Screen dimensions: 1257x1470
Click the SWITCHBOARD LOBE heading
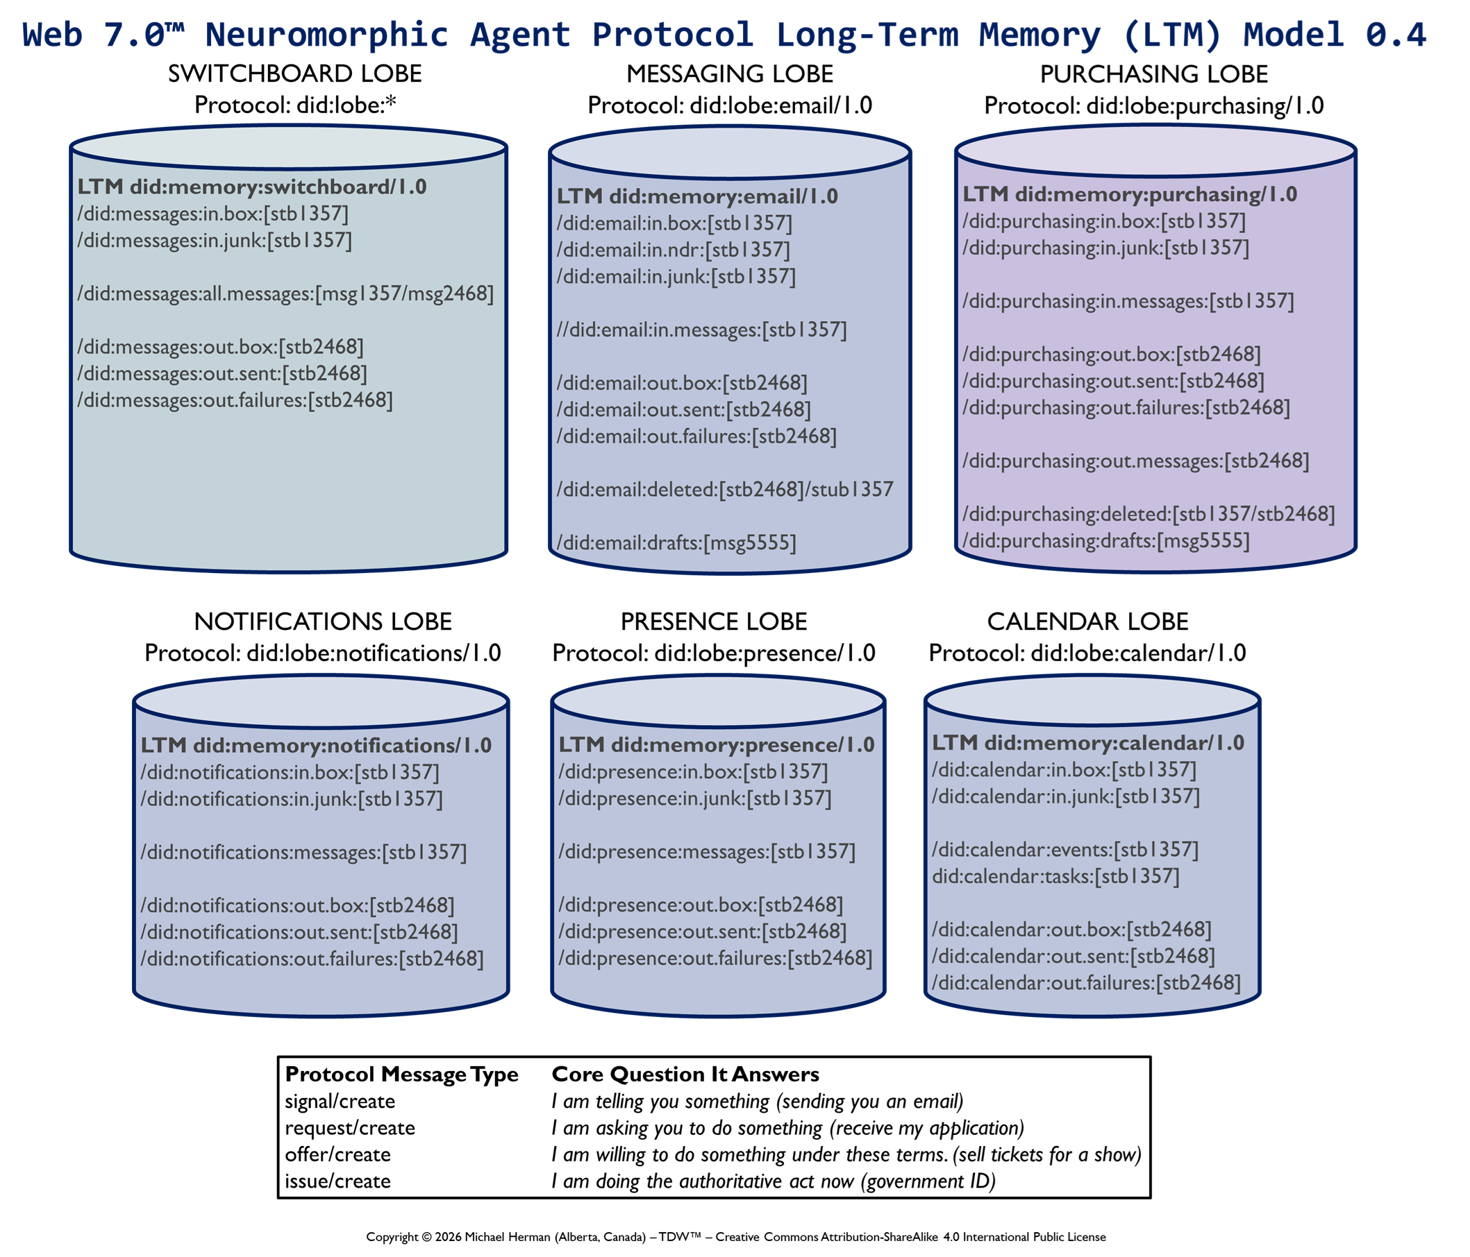[294, 74]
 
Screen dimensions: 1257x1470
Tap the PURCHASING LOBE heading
[1153, 74]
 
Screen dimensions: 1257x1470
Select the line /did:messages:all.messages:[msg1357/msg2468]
[285, 293]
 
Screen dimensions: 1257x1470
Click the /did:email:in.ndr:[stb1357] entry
[673, 250]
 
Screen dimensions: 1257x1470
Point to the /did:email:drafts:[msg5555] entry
[676, 543]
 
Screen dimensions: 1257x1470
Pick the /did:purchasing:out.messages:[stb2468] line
[1135, 461]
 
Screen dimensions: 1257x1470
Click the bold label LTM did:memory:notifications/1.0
[316, 745]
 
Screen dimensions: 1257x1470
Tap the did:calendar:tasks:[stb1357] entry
[1055, 876]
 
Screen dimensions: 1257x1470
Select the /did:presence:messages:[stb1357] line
[707, 851]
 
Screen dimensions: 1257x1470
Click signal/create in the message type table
[340, 1101]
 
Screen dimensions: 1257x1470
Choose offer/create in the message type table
[337, 1154]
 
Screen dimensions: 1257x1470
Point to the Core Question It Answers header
[685, 1074]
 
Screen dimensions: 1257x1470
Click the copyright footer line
[736, 1236]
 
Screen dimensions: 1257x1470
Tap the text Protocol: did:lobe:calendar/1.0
[1087, 653]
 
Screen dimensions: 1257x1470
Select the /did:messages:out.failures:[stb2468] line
[235, 400]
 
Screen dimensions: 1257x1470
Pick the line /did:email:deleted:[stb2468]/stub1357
[724, 489]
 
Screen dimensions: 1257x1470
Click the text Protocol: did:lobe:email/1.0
[729, 105]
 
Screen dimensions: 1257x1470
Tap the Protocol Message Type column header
[401, 1074]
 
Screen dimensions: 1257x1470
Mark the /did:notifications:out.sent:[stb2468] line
[299, 932]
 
